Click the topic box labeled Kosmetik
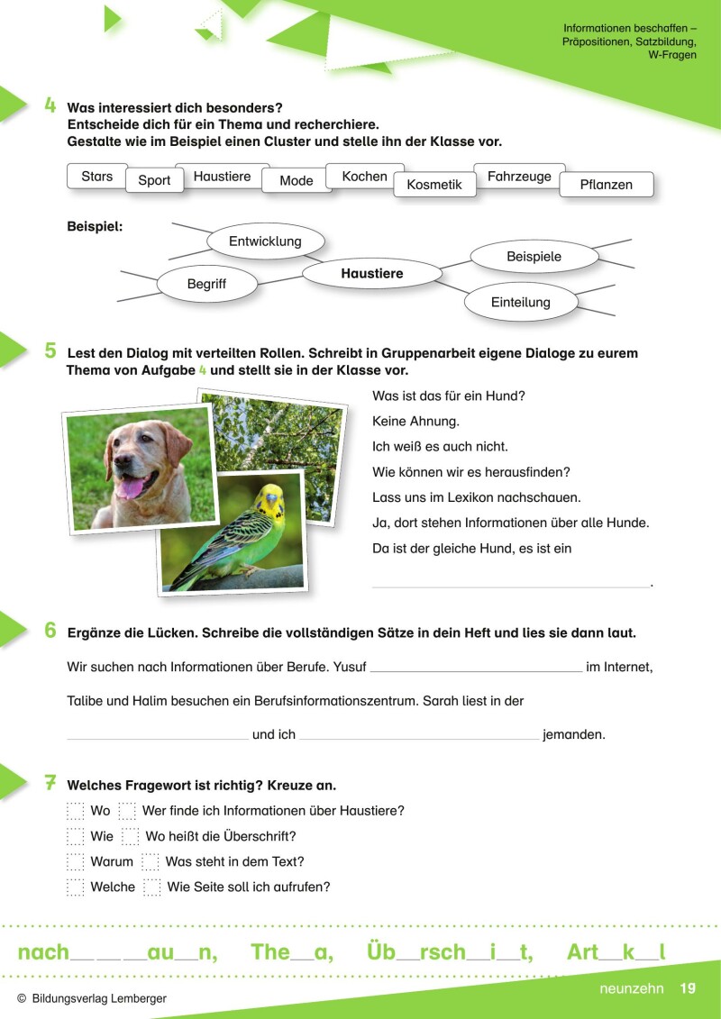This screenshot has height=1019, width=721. coord(434,185)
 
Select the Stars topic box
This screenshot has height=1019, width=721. coord(96,177)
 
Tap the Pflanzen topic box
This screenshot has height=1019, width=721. coord(607,185)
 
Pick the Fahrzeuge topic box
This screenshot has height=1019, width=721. coord(519,177)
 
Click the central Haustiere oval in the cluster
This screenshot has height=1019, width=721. coord(371,273)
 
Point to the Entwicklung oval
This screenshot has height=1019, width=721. coord(265,241)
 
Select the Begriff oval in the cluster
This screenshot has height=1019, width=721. coord(206,284)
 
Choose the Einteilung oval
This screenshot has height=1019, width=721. coord(520,302)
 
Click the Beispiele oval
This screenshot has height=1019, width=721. coord(534,257)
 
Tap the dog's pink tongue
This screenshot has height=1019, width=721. coord(132,488)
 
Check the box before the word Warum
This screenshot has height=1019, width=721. coord(76,862)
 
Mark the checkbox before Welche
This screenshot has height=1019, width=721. coord(76,887)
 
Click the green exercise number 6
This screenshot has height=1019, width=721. coord(50,631)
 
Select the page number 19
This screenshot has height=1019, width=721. coord(688,988)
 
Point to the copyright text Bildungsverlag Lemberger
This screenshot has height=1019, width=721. coord(98,999)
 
